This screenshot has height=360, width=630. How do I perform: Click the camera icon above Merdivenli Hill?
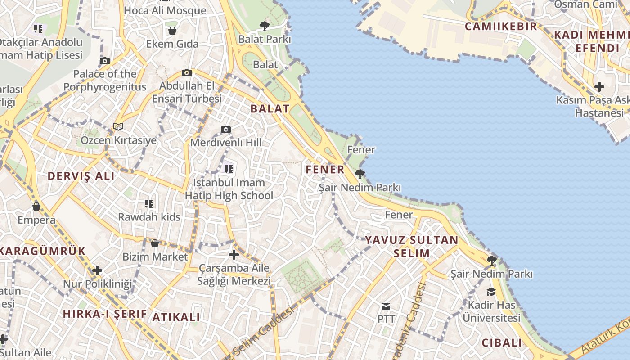[x=226, y=130]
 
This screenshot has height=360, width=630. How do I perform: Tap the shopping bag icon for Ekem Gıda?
[x=172, y=31]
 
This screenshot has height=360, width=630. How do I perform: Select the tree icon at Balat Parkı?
[x=265, y=26]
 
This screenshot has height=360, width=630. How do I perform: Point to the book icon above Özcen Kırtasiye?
[x=118, y=127]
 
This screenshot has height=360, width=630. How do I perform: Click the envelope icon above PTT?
[x=386, y=306]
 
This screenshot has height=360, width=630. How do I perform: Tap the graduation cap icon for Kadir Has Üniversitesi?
[x=491, y=292]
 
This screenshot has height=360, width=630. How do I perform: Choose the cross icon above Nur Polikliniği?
[x=97, y=270]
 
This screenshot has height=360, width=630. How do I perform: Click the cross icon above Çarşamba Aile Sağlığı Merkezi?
[x=234, y=255]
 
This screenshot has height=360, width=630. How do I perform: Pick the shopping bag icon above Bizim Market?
[x=155, y=243]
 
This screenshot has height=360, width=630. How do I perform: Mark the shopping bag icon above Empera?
[x=36, y=207]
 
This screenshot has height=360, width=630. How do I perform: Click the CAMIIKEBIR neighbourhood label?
[x=501, y=26]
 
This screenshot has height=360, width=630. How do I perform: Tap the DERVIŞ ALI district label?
[x=81, y=176]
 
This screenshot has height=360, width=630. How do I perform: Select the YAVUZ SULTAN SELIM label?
[x=412, y=246]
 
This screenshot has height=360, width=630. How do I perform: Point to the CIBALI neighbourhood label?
[x=502, y=343]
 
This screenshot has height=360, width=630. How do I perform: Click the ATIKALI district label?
[x=176, y=317]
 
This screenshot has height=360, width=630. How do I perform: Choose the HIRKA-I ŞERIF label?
[x=105, y=314]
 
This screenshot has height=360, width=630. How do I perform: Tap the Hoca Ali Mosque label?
[x=165, y=10]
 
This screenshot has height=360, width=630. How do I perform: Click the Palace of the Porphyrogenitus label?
[x=105, y=81]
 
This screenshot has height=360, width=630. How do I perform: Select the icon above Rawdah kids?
[x=149, y=204]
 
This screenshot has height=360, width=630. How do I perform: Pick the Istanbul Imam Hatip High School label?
[x=229, y=189]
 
